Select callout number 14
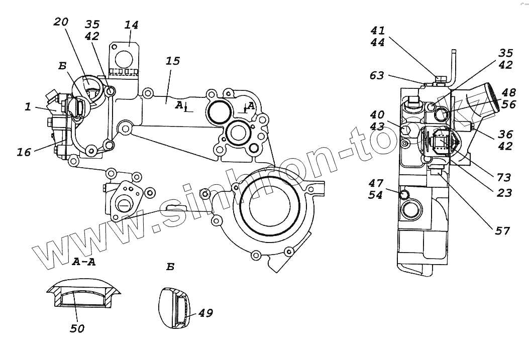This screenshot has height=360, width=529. click(x=132, y=25)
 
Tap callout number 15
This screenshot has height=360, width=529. click(x=172, y=61)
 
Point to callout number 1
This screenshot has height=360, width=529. click(x=28, y=106)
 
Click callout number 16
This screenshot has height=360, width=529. click(x=24, y=152)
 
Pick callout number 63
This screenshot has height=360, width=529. click(x=377, y=75)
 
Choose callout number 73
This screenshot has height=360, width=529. click(x=503, y=177)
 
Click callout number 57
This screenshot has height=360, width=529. click(x=502, y=230)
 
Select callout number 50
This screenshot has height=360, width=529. click(x=77, y=329)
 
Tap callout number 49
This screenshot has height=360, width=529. click(x=205, y=313)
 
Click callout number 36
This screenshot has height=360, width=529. click(x=506, y=134)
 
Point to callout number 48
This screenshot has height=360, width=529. click(x=508, y=92)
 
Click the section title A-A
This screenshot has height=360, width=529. click(x=84, y=261)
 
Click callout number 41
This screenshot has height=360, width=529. click(x=377, y=30)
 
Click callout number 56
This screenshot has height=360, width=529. click(x=508, y=104)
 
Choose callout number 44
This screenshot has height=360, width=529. click(x=377, y=43)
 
